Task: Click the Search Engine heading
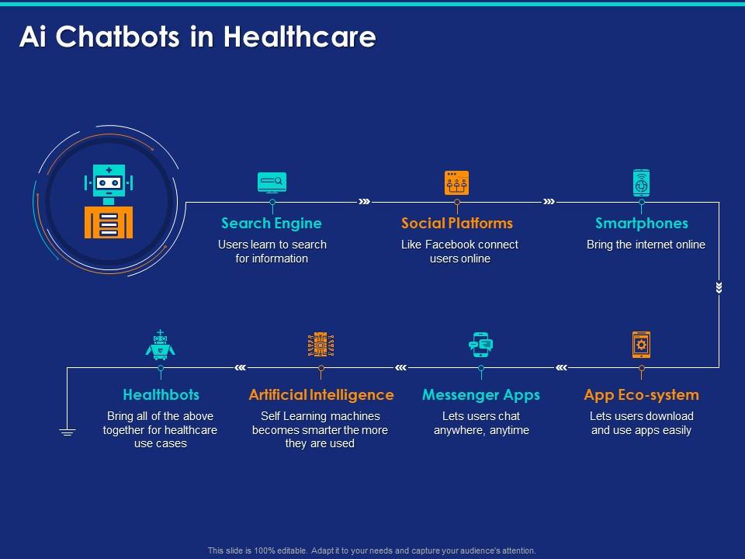(x=272, y=224)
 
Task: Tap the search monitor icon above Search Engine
(x=272, y=182)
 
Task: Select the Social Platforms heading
(x=456, y=224)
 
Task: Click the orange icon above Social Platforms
(x=456, y=182)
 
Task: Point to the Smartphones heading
(x=642, y=224)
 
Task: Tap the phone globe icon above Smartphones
(x=642, y=182)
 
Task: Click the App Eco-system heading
(x=642, y=395)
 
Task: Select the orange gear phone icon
(x=642, y=345)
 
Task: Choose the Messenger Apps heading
(x=481, y=395)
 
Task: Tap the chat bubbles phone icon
(x=481, y=345)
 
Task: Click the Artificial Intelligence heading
(x=321, y=395)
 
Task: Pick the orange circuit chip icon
(x=321, y=345)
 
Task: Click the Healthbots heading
(x=161, y=395)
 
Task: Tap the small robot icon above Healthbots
(x=160, y=344)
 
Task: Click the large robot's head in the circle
(x=109, y=181)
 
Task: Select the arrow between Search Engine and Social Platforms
(x=365, y=202)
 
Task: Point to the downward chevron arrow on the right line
(x=719, y=287)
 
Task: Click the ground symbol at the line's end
(x=67, y=432)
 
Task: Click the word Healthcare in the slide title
(x=300, y=36)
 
